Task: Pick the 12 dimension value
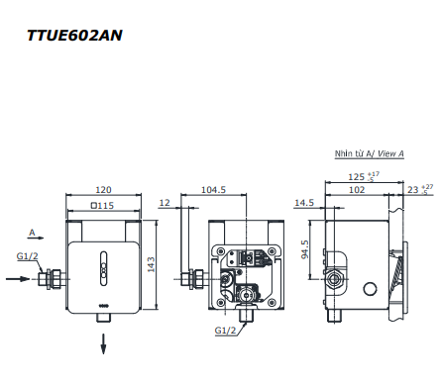coord(165,202)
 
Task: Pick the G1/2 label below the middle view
coord(226,332)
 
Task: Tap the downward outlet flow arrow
coord(103,345)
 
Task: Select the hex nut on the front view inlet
coord(56,279)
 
